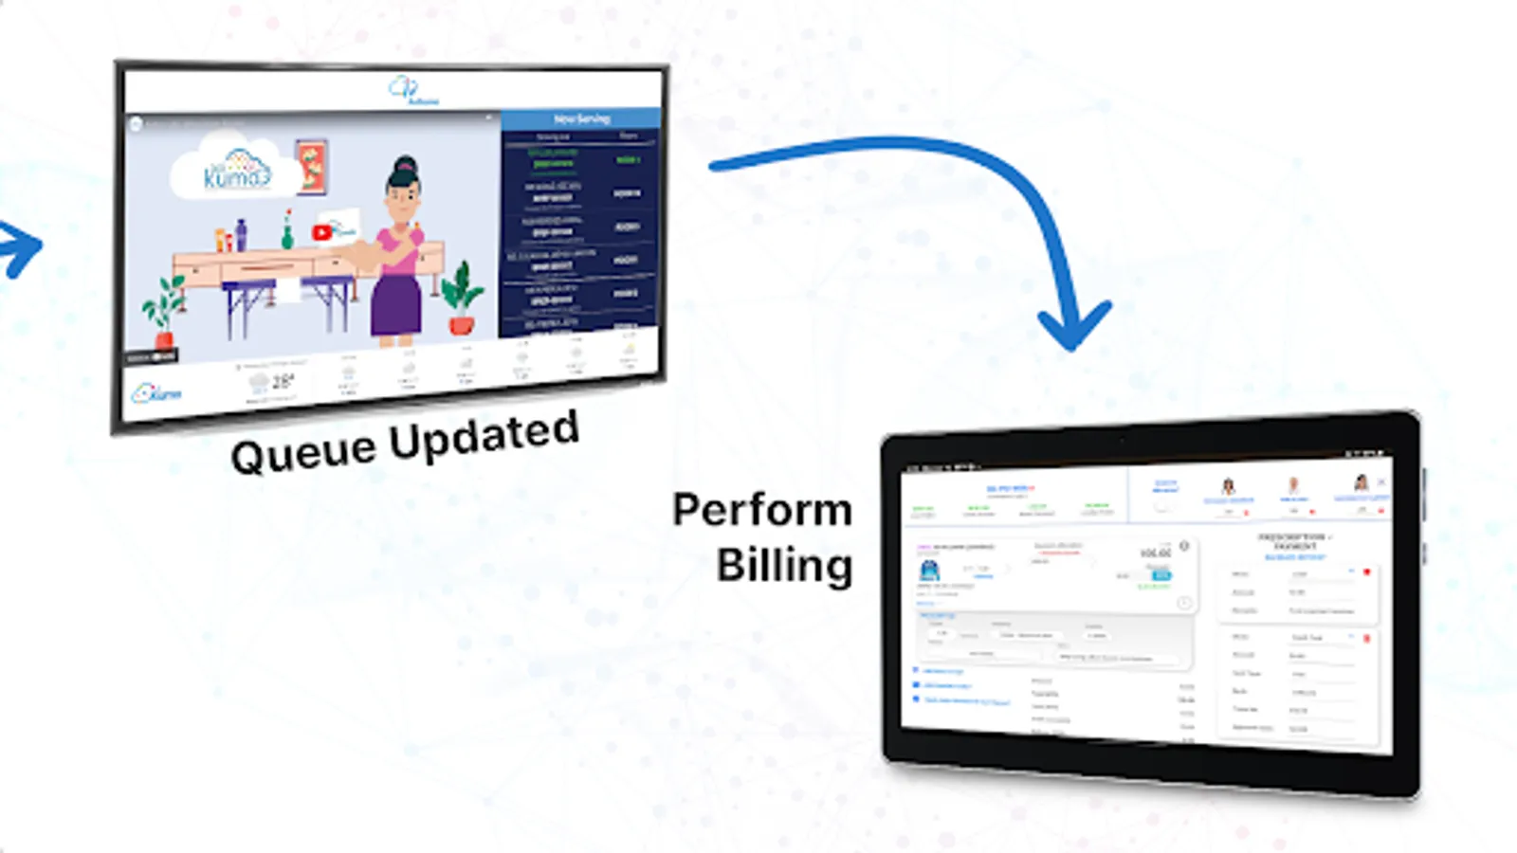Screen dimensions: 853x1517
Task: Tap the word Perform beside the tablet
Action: [762, 511]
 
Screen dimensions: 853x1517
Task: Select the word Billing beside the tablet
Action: [784, 566]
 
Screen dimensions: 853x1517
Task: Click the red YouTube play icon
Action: [322, 232]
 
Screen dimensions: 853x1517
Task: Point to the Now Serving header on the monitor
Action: [581, 119]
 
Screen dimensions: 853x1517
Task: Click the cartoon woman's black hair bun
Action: [406, 168]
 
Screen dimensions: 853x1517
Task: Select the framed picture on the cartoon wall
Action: [311, 166]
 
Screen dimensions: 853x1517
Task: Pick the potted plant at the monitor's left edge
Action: [164, 309]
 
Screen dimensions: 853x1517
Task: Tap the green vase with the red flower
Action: [287, 231]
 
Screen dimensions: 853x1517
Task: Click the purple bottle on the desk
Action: [241, 235]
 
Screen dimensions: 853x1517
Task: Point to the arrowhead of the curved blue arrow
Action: [1073, 327]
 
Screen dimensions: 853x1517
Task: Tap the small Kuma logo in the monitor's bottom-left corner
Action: [157, 392]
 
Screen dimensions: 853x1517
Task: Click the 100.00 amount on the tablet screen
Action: [1155, 553]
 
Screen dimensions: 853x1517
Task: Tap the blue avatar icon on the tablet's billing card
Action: [929, 570]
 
